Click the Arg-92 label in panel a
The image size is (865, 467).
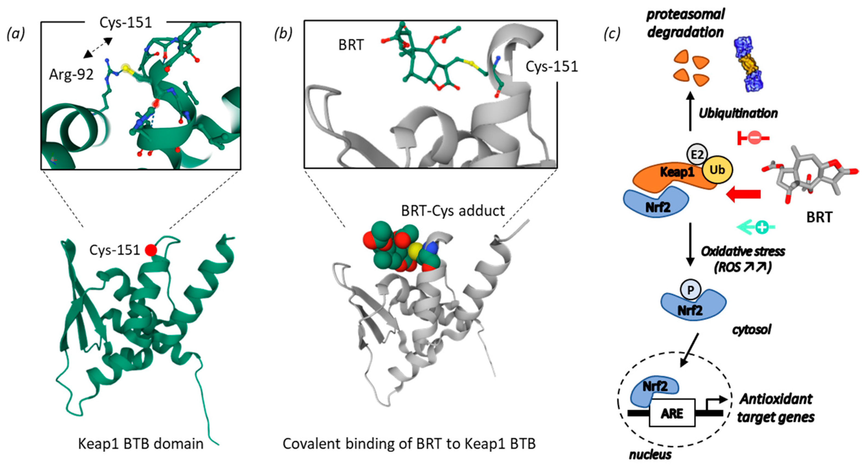coord(71,74)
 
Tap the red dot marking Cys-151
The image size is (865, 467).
coord(151,250)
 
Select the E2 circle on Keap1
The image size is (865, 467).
coord(696,154)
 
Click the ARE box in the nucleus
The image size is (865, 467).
coord(672,413)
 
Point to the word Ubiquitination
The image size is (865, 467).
coord(738,113)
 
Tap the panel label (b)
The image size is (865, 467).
coord(283,34)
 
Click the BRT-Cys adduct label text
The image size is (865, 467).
coord(453,211)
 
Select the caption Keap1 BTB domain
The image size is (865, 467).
coord(141,443)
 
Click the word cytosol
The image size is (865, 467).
coord(752,330)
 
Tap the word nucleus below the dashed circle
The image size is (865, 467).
coord(650,455)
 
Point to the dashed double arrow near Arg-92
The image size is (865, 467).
coord(98,48)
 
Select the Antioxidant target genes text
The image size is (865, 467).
coord(776,408)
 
